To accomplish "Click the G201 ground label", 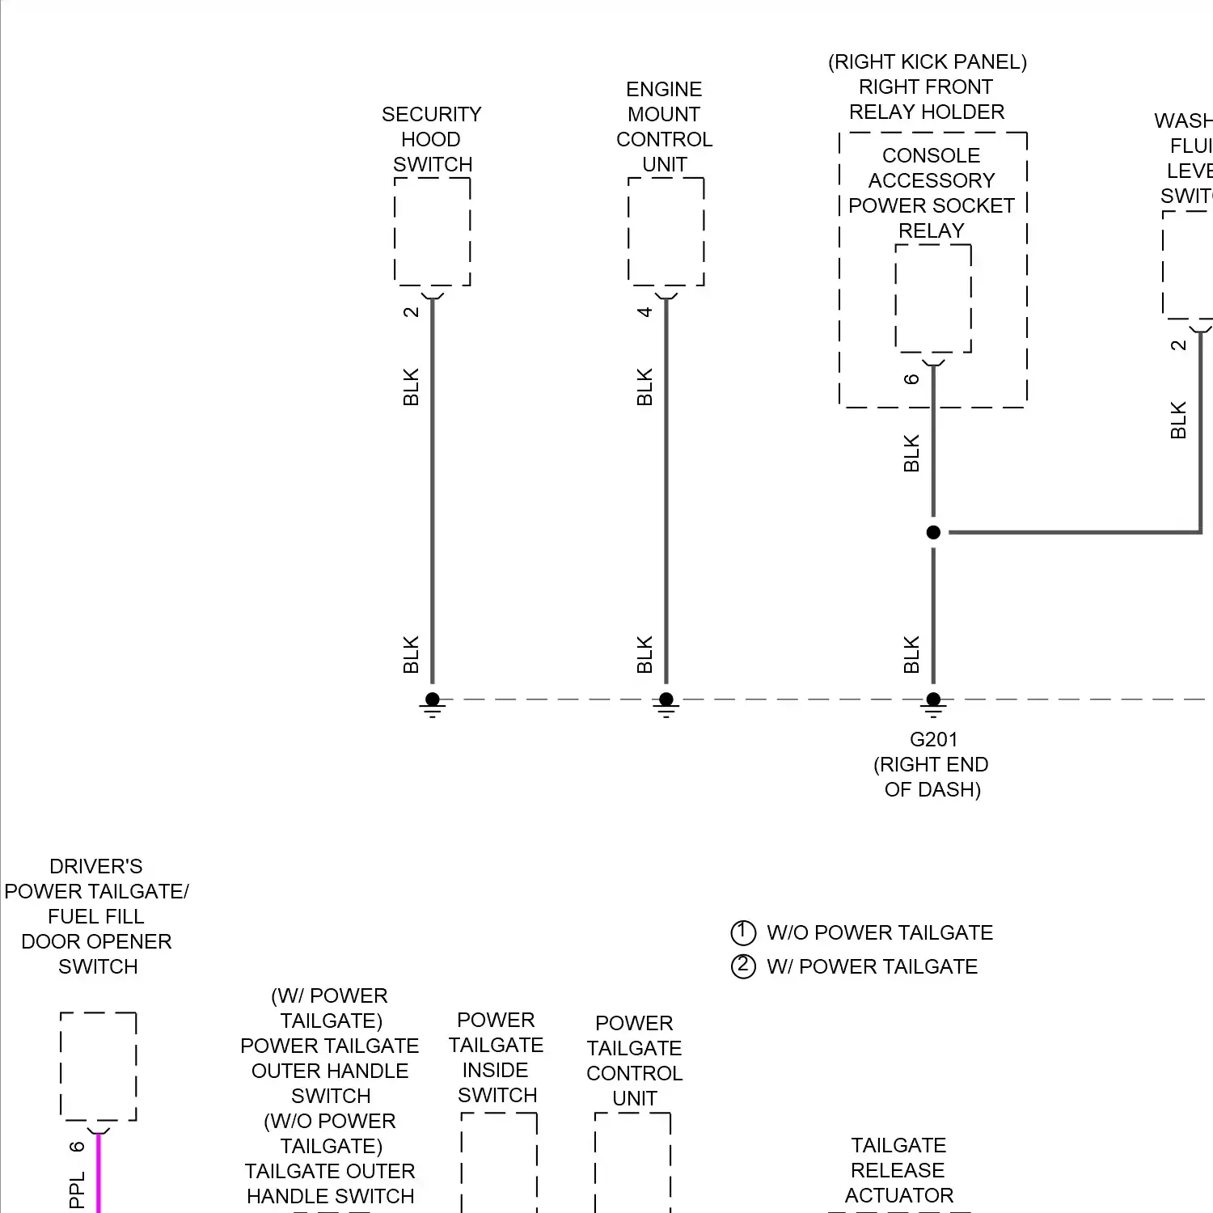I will point(933,739).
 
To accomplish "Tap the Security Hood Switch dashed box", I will point(432,232).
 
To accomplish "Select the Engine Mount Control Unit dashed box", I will point(666,232).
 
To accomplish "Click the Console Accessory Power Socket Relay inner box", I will point(933,298).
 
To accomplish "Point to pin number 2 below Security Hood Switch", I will point(411,312).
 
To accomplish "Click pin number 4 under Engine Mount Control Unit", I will point(645,312).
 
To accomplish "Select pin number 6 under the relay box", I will point(911,379).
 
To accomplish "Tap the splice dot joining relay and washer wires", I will point(933,532).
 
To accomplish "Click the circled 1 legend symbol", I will point(742,932).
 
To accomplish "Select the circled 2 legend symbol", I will point(742,966).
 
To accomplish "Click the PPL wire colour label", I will point(77,1190).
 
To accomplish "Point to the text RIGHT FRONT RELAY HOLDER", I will point(927,99).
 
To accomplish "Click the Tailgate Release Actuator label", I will point(898,1170).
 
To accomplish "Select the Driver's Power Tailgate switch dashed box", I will point(99,1067).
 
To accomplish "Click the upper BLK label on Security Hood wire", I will point(411,387).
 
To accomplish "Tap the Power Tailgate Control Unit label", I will point(635,1060).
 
